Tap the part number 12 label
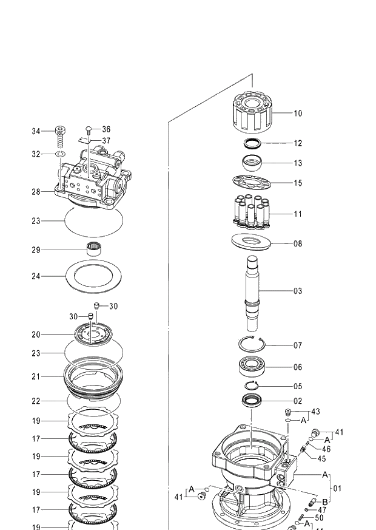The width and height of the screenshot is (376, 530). (x=298, y=144)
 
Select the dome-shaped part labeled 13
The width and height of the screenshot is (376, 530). (x=252, y=163)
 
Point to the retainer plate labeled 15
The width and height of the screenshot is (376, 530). (x=251, y=182)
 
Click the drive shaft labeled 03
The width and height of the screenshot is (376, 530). (x=253, y=290)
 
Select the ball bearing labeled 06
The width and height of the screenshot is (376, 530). (x=252, y=367)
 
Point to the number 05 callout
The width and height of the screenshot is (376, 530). (x=298, y=387)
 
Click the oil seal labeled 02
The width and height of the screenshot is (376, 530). (x=252, y=401)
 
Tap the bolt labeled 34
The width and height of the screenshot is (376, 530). (x=61, y=136)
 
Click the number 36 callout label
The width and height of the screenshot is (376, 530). (x=106, y=129)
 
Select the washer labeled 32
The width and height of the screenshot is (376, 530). (x=61, y=155)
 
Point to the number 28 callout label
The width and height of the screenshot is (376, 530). (x=36, y=192)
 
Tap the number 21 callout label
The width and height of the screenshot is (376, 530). (x=36, y=377)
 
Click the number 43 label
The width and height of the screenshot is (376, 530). (x=315, y=412)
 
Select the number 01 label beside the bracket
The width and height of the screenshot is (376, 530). (x=337, y=487)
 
